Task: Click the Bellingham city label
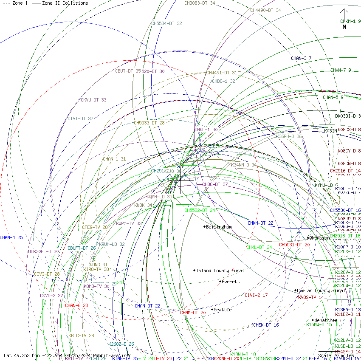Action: (219, 227)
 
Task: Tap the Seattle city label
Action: (222, 310)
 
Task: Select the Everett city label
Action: (230, 282)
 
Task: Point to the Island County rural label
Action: (220, 271)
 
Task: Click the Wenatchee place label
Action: (325, 320)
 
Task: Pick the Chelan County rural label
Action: (322, 290)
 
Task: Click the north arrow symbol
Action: (344, 16)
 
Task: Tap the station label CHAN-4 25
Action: (11, 237)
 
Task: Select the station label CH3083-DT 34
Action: (200, 3)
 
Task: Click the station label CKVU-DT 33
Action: (93, 100)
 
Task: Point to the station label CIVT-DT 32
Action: (80, 119)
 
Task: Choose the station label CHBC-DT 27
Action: (215, 185)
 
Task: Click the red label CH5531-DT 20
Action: (294, 245)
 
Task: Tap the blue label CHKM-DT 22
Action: (260, 223)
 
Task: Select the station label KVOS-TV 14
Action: (311, 297)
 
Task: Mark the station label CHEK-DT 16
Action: (266, 325)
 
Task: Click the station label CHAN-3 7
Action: (301, 58)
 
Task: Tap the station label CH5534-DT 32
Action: (166, 24)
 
